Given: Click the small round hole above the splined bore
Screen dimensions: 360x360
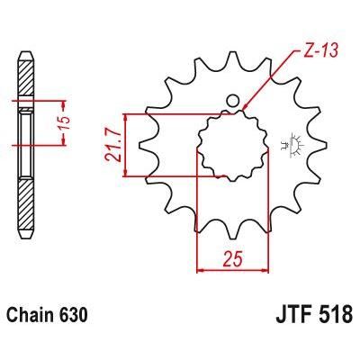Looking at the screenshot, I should click(x=232, y=100).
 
